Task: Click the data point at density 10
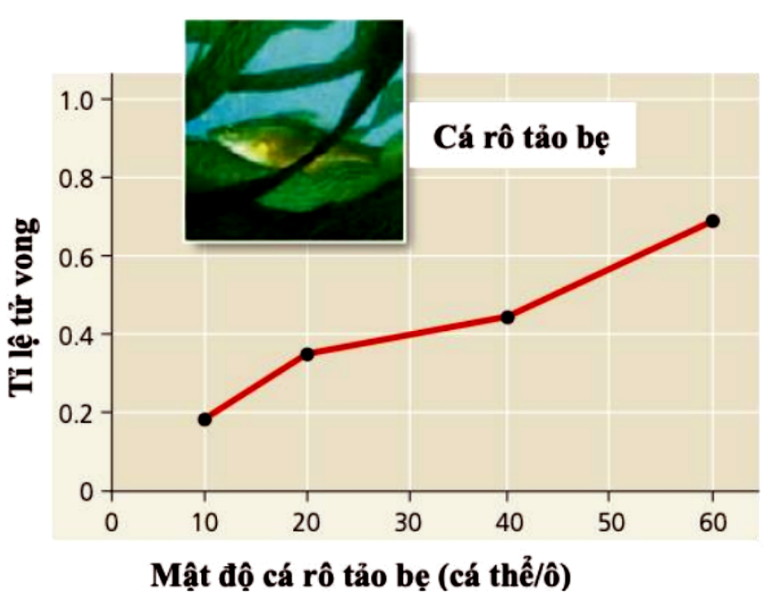tap(205, 419)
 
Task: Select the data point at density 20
tap(307, 354)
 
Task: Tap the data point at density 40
tap(508, 318)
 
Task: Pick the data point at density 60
tap(713, 221)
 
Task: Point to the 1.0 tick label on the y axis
tap(76, 101)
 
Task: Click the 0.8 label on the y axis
tap(76, 179)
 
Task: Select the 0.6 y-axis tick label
tap(76, 257)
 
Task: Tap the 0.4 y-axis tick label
tap(76, 336)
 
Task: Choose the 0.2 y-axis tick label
tap(76, 414)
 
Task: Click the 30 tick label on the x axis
tap(408, 522)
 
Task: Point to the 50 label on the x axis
tap(610, 522)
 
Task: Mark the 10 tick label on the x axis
tap(205, 522)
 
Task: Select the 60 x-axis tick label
tap(713, 522)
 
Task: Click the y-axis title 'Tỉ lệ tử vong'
tap(23, 307)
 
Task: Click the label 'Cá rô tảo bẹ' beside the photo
tap(522, 138)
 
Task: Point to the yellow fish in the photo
tap(246, 145)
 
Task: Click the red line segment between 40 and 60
tap(610, 270)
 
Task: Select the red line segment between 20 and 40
tap(407, 336)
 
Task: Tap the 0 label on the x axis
tap(112, 522)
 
